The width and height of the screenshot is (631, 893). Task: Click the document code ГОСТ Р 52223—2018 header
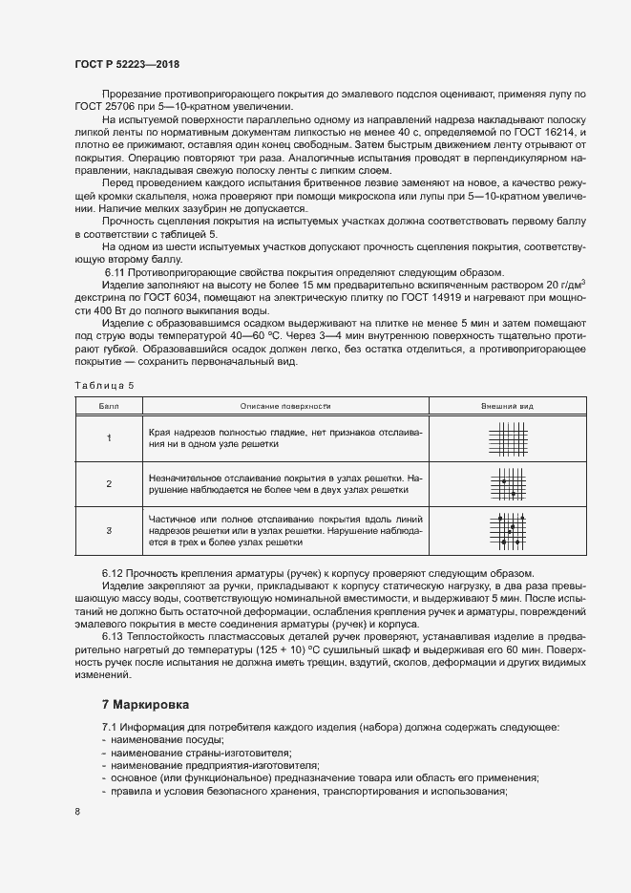click(x=126, y=64)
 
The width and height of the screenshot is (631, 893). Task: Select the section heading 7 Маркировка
click(x=145, y=704)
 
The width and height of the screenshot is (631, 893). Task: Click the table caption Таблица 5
click(x=104, y=384)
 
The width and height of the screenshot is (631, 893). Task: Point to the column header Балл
click(x=109, y=406)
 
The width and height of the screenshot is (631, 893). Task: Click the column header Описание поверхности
click(x=284, y=406)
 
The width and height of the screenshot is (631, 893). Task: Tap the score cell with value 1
click(x=109, y=438)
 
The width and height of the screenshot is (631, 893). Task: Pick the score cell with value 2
click(x=109, y=483)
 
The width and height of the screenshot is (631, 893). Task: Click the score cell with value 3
click(x=109, y=529)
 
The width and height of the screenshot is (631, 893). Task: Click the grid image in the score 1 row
click(x=507, y=439)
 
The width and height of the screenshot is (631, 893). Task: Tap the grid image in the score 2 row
click(x=508, y=483)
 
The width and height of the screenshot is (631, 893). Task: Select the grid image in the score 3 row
click(x=508, y=529)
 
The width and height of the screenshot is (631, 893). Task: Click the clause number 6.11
click(x=116, y=272)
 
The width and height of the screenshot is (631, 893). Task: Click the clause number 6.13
click(x=114, y=634)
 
